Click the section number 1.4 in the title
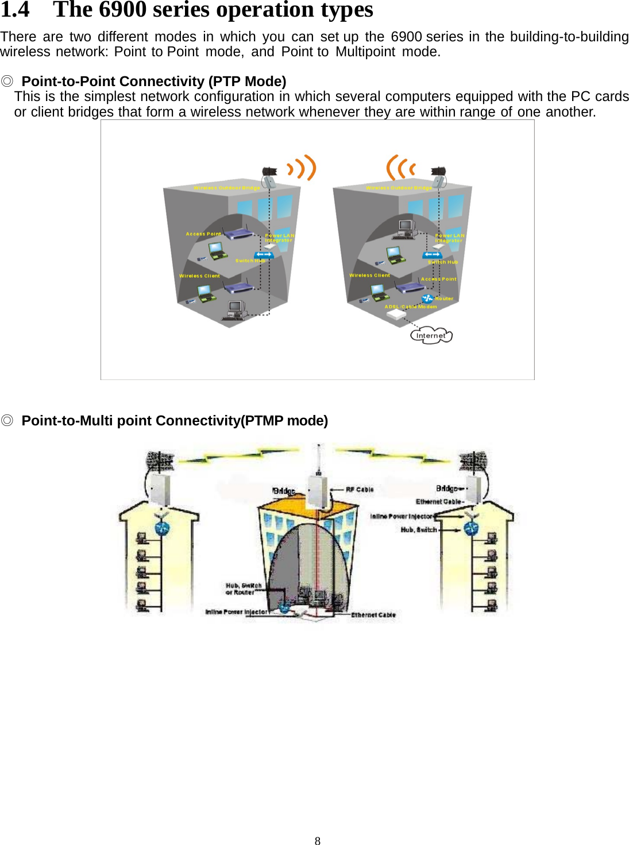pyautogui.click(x=15, y=10)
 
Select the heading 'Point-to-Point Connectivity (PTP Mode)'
pyautogui.click(x=153, y=82)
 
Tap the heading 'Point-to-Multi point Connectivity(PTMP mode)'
pyautogui.click(x=175, y=421)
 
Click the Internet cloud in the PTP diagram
pyautogui.click(x=431, y=336)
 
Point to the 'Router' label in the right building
pyautogui.click(x=444, y=299)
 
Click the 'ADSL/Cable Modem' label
pyautogui.click(x=411, y=307)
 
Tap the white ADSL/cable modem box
pyautogui.click(x=396, y=315)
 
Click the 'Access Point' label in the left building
pyautogui.click(x=203, y=234)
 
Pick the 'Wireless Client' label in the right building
pyautogui.click(x=369, y=276)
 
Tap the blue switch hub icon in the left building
pyautogui.click(x=264, y=254)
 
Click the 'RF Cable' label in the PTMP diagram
pyautogui.click(x=360, y=490)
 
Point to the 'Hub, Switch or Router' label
pyautogui.click(x=244, y=589)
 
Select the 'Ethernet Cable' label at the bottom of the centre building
pyautogui.click(x=373, y=615)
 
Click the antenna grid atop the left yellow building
pyautogui.click(x=160, y=460)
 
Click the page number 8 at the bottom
pyautogui.click(x=318, y=841)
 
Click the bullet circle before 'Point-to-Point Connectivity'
pyautogui.click(x=7, y=82)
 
